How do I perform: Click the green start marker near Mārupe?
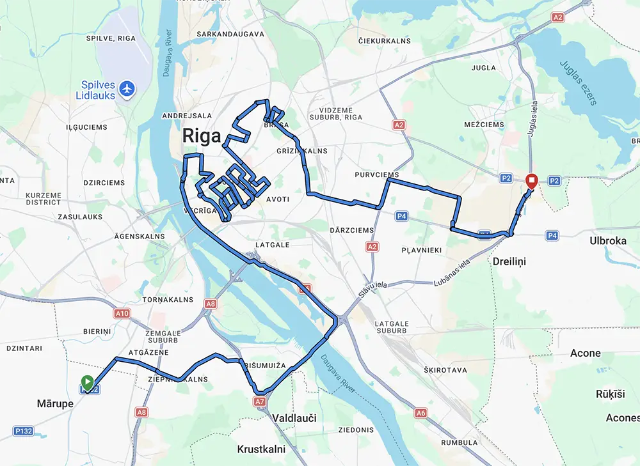(x=88, y=383)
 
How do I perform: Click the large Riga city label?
(x=202, y=136)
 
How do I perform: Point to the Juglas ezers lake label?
(x=579, y=82)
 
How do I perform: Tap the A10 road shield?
(x=122, y=313)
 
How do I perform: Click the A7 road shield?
(x=259, y=401)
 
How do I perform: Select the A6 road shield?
(x=420, y=413)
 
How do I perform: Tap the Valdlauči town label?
(x=294, y=418)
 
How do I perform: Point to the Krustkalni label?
(x=260, y=449)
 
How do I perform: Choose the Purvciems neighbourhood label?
(x=377, y=175)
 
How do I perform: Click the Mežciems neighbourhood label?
(x=484, y=125)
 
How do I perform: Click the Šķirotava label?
(x=445, y=370)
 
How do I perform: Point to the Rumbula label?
(x=460, y=442)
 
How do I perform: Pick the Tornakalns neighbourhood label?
(x=167, y=299)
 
